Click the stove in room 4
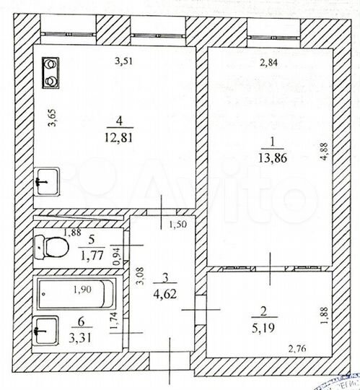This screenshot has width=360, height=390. tap(52, 72)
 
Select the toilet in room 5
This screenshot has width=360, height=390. tap(52, 248)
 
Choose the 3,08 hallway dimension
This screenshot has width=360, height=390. tap(141, 279)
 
